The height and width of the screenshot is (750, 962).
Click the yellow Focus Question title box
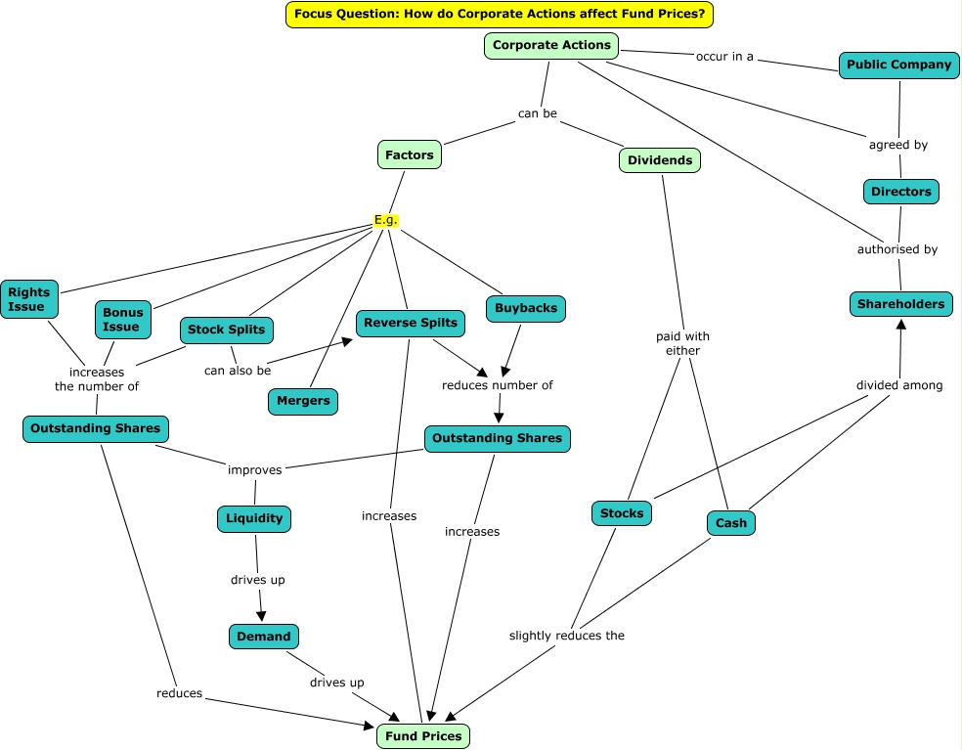pos(500,15)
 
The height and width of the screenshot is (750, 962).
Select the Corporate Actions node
pos(551,45)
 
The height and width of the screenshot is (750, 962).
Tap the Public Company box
pos(898,66)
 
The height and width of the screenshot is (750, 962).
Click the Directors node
pos(900,192)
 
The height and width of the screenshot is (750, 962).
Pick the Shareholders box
pos(900,304)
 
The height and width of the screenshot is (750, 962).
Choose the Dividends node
pos(659,160)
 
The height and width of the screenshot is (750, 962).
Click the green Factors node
pos(409,154)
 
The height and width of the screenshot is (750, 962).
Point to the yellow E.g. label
pos(386,220)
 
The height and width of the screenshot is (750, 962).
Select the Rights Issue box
pos(28,300)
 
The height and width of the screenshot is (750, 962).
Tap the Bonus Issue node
pos(122,320)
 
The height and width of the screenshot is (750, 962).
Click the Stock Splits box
pos(226,330)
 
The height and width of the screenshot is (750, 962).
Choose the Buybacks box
pos(525,308)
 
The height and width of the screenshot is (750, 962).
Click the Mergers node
pos(303,401)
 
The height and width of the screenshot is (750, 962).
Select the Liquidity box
pos(254,518)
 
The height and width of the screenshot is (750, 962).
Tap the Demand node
pos(263,637)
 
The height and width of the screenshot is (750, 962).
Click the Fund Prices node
pos(422,736)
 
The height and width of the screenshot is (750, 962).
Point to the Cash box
pos(730,523)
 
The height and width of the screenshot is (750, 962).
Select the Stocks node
pos(622,513)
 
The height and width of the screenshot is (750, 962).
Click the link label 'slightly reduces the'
pos(566,636)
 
